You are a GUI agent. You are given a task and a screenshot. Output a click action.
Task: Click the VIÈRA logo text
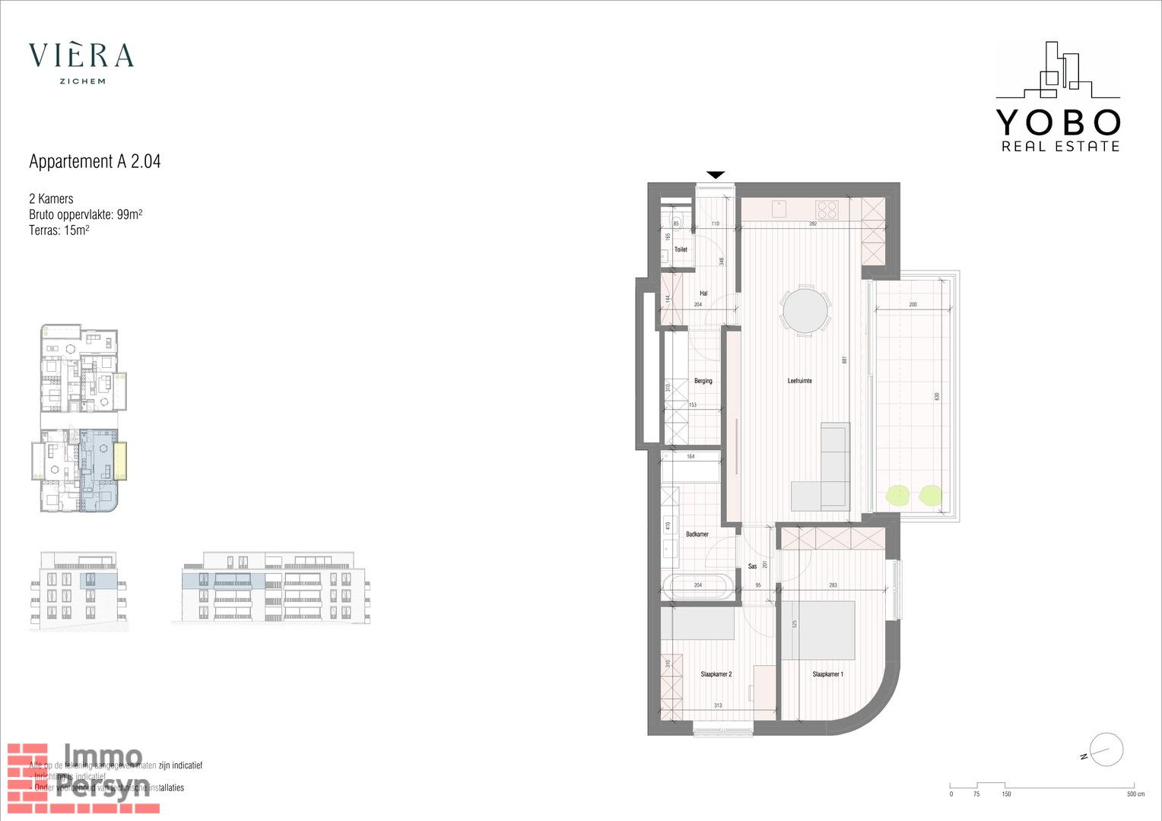pos(81,55)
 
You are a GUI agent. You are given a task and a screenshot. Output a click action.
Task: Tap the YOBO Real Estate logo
pos(1058,97)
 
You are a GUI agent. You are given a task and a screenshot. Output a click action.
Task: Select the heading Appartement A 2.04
pos(95,161)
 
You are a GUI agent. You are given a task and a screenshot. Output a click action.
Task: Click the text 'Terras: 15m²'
pos(59,230)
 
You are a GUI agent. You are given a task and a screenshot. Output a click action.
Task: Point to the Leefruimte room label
pos(799,381)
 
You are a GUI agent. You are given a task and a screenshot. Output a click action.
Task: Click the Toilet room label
pos(681,249)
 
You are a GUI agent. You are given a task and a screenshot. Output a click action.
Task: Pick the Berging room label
pos(703,381)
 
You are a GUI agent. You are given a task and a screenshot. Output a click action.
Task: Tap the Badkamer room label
pos(697,534)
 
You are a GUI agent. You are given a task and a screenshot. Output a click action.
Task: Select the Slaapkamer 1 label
pos(827,674)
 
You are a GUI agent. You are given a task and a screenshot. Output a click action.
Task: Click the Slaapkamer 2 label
pos(716,674)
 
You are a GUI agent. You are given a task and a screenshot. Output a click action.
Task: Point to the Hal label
pos(703,293)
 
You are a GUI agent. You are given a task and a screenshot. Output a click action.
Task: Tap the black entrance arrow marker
pos(716,175)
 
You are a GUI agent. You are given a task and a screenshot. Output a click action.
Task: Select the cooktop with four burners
pos(827,209)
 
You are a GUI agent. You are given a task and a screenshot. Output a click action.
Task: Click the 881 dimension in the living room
pos(844,360)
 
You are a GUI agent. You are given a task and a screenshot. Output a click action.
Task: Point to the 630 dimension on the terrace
pos(937,396)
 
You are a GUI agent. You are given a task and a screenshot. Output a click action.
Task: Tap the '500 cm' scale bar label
pos(1135,794)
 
